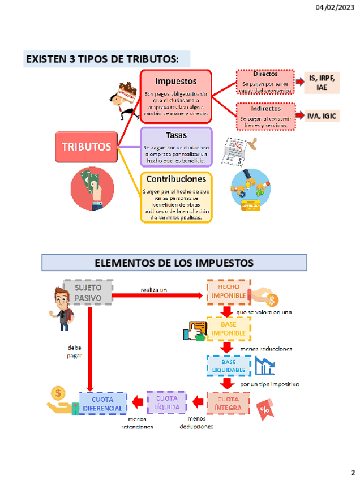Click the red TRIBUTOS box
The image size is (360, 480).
(87, 147)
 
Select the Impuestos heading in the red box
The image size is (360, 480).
(175, 82)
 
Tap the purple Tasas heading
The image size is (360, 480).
(176, 135)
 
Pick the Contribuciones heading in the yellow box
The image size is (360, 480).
(176, 179)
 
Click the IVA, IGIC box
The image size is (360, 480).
(322, 116)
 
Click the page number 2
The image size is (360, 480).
(352, 472)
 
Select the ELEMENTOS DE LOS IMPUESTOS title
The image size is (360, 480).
(174, 263)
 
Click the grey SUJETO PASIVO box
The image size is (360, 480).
(88, 292)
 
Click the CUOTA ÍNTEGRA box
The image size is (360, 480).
(228, 403)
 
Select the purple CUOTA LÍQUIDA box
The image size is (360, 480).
(166, 402)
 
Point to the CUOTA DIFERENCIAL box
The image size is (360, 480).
(102, 404)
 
